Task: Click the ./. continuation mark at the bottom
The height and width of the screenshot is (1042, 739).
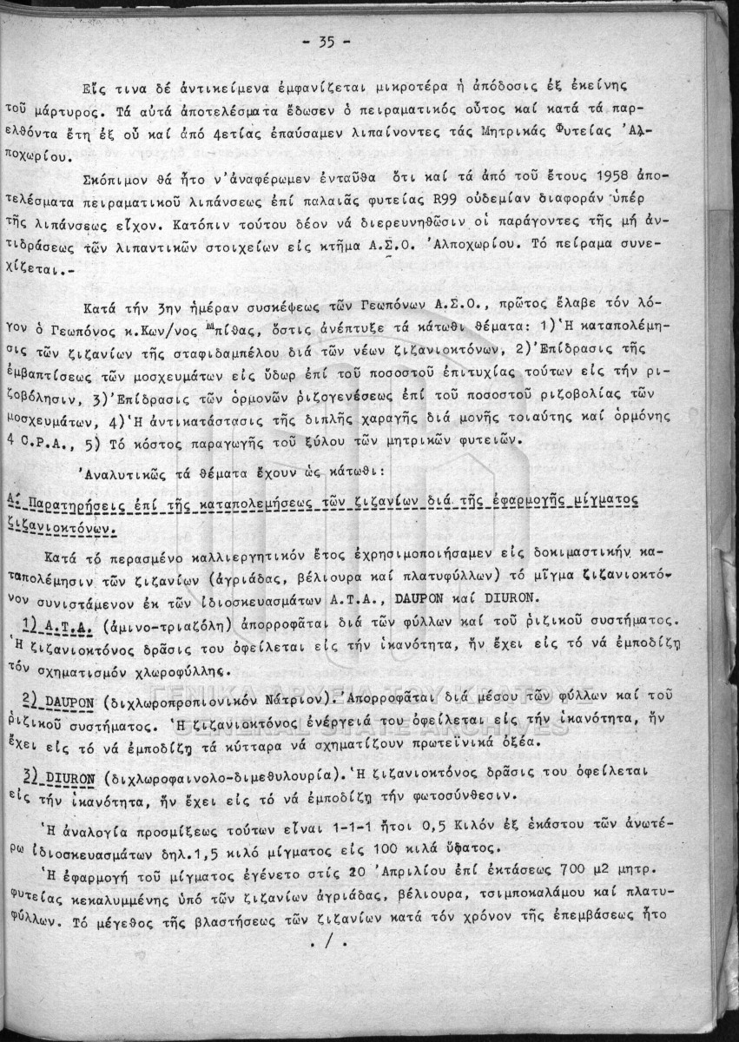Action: click(x=333, y=940)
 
